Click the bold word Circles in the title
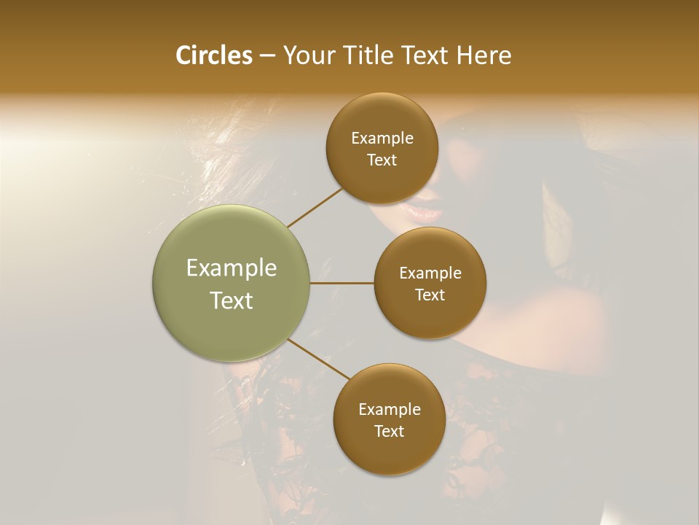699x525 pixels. tap(214, 55)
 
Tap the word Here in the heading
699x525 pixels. tap(484, 55)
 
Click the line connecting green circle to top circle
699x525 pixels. tap(315, 206)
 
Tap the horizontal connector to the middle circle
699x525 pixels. tap(342, 283)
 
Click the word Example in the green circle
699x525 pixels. tap(232, 268)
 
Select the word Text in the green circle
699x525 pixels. tap(232, 300)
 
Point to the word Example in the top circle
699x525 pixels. tap(382, 138)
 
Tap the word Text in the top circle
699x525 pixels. tap(382, 160)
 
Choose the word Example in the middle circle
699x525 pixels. tap(430, 273)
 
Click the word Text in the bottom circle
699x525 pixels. tap(390, 431)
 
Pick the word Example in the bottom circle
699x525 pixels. tap(390, 409)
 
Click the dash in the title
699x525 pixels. tap(267, 55)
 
